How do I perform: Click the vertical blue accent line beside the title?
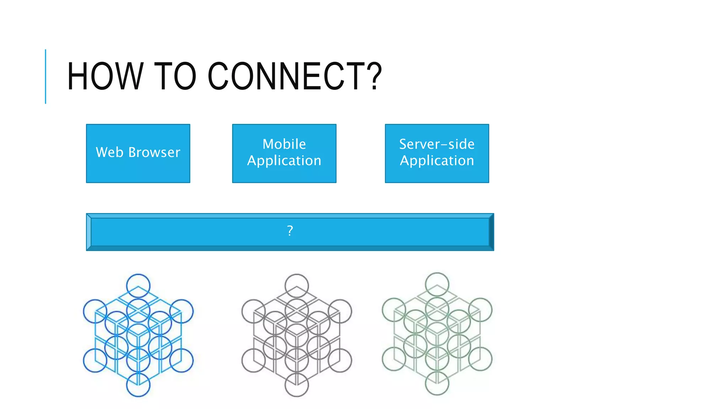click(x=45, y=76)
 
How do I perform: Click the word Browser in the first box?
click(x=154, y=152)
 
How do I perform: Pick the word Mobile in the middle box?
click(x=284, y=144)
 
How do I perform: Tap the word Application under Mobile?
click(x=284, y=161)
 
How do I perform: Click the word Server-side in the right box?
click(x=437, y=144)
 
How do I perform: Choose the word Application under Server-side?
click(x=437, y=161)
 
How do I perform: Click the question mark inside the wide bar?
click(x=290, y=231)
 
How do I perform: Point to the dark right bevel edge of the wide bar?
click(x=492, y=232)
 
